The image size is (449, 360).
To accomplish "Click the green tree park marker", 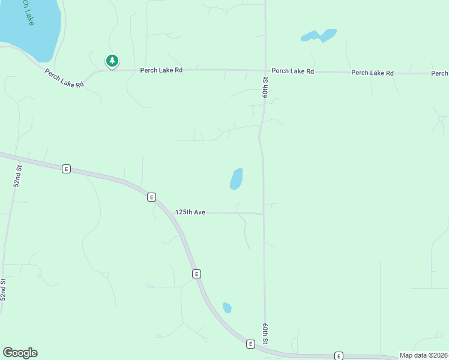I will point(112,61).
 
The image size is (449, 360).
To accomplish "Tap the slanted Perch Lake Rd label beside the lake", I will point(64,77).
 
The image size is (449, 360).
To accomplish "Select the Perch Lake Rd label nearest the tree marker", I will point(161,70).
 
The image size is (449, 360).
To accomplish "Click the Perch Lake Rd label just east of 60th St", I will point(292,71).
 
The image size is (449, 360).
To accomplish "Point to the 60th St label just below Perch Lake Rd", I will point(265,88).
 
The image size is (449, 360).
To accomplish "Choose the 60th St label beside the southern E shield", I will point(264,334).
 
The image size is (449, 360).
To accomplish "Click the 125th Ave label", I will point(190,212).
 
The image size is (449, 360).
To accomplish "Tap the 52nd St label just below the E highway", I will point(18,176).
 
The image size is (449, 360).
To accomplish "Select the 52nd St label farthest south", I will point(3,289).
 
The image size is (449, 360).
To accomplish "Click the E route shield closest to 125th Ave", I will point(151,197).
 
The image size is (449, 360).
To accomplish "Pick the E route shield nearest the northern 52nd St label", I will point(66,169).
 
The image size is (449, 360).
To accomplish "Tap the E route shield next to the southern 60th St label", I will point(250,344).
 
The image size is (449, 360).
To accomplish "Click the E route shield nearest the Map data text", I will point(339,356).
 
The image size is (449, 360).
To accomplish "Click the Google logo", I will point(20,353).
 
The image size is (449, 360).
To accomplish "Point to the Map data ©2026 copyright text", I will point(423,355).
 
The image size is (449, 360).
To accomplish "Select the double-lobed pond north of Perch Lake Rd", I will point(319,36).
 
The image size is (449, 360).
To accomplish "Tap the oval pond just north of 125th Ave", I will point(237,179).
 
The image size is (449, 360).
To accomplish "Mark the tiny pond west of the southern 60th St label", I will point(227,308).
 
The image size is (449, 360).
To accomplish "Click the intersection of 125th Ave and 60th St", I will point(264,213).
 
